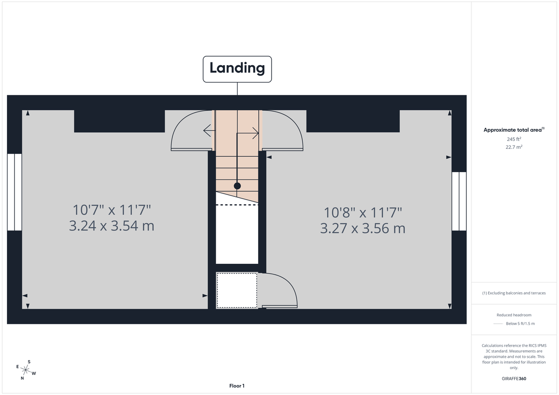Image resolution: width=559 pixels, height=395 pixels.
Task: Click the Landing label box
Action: coord(237,69)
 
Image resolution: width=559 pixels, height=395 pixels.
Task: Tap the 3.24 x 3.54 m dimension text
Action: coord(111,226)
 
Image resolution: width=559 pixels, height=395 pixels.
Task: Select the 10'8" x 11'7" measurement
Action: coord(363,213)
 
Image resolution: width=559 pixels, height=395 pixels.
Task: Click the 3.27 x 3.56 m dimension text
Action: coord(363,228)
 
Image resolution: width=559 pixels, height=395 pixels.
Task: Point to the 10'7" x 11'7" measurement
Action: coord(111,210)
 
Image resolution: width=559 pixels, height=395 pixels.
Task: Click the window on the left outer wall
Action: coord(14,192)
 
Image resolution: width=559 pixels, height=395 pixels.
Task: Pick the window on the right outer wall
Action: coord(459,201)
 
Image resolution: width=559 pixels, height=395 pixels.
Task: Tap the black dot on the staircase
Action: coord(237,186)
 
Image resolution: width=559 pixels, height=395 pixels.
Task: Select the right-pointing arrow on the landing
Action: coord(254,134)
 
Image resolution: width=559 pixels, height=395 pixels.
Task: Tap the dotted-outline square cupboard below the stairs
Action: coord(237,290)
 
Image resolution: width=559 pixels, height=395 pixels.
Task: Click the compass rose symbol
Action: coord(25,370)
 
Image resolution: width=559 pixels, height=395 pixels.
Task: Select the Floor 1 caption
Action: coord(237,386)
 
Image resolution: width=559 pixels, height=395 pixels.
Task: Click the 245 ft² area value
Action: coord(514,139)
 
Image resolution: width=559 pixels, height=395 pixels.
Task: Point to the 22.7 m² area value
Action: coord(514,147)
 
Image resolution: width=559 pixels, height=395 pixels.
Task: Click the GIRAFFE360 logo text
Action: coord(514,379)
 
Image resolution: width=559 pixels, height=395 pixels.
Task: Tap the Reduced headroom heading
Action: coord(514,315)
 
